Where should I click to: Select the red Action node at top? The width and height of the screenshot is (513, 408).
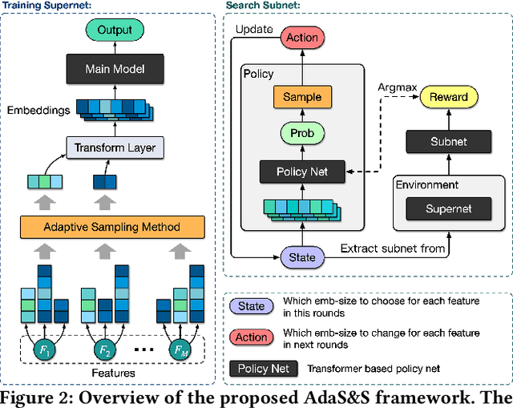tap(302, 37)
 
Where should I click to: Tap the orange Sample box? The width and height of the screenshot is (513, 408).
tap(302, 97)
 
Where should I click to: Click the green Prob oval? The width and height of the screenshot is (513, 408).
tap(302, 134)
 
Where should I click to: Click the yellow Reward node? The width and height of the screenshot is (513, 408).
tap(448, 96)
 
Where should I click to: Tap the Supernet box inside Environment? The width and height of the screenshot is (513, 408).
tap(448, 209)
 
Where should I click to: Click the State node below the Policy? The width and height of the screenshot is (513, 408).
tap(302, 257)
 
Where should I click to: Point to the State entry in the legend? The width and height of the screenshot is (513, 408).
tap(251, 306)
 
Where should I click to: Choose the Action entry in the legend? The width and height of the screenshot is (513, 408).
tap(251, 337)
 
